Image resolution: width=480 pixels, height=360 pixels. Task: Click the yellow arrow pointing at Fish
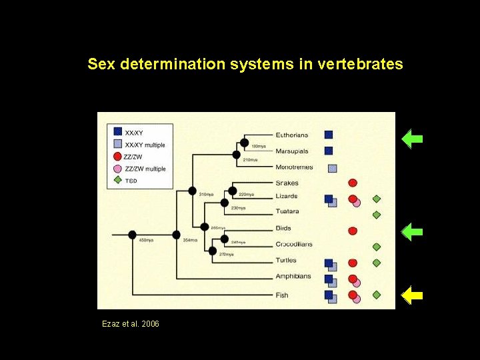[413, 294]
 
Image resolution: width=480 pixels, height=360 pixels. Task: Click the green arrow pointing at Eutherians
[413, 139]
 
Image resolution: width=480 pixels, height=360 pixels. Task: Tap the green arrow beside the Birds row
[413, 231]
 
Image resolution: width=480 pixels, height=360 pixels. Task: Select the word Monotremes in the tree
[294, 167]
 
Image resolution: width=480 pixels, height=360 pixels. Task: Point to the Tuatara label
[287, 212]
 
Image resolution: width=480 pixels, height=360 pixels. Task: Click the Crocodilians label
[294, 244]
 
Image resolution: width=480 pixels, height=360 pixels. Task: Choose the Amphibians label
[293, 276]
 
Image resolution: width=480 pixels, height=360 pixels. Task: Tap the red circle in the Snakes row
[353, 183]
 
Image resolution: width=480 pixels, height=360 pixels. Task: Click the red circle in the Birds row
[353, 231]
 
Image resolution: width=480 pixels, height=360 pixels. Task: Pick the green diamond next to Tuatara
[377, 215]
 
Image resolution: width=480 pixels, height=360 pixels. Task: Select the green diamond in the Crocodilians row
[377, 247]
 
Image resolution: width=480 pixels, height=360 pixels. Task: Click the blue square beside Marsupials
[329, 151]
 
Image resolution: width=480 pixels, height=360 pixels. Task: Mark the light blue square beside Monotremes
[333, 168]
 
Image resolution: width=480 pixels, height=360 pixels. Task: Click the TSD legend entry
[132, 180]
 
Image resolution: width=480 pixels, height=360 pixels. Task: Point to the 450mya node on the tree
[132, 235]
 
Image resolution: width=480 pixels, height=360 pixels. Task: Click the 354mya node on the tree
[177, 235]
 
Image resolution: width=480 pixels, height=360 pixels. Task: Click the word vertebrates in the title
[361, 64]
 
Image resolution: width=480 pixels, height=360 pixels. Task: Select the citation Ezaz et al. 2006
[131, 324]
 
